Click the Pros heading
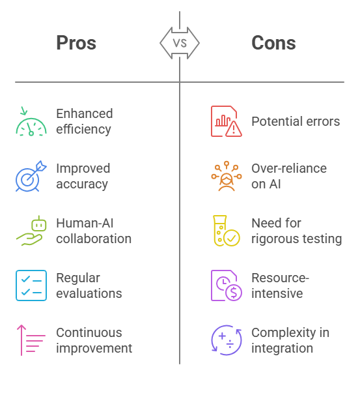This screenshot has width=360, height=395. [x=76, y=43]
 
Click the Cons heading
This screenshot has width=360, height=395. [x=273, y=43]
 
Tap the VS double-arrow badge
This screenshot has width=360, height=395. [x=180, y=43]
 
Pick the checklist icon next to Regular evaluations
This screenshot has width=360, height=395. [x=31, y=285]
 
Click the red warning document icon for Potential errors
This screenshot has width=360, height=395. [x=227, y=121]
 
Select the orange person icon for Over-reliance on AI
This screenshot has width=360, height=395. [x=227, y=176]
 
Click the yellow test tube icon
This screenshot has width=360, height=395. [x=226, y=231]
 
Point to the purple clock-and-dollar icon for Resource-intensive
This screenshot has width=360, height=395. [x=227, y=285]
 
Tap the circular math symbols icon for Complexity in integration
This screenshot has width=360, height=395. [x=227, y=340]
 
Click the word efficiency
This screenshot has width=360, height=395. [x=83, y=129]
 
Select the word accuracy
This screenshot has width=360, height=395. [x=82, y=184]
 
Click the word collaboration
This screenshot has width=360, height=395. [x=94, y=239]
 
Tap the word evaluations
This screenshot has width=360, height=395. [x=89, y=293]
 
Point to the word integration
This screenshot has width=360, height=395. [x=283, y=348]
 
